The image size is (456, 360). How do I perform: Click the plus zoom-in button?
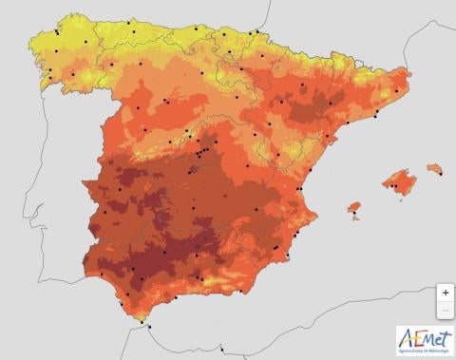coord(446,294)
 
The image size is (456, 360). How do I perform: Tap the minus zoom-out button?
coord(446,311)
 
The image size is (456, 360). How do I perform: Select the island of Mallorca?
coord(401,180)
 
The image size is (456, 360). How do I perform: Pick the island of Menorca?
coord(435,169)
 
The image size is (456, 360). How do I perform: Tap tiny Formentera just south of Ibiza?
coord(356,218)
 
